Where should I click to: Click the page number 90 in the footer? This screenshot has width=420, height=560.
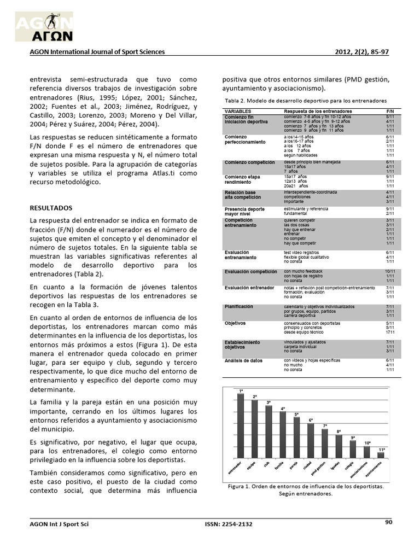(x=389, y=522)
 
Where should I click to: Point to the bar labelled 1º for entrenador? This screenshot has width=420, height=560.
(x=241, y=427)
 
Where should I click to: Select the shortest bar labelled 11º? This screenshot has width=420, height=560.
(x=381, y=454)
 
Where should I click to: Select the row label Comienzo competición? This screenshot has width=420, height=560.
(x=246, y=162)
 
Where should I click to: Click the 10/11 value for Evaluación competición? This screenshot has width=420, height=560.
(x=390, y=271)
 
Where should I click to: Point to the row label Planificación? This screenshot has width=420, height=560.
(x=239, y=307)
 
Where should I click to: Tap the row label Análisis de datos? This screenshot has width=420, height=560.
(x=243, y=361)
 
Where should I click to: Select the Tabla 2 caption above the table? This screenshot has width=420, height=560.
(x=306, y=101)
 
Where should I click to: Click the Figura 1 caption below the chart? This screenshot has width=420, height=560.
(x=305, y=486)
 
